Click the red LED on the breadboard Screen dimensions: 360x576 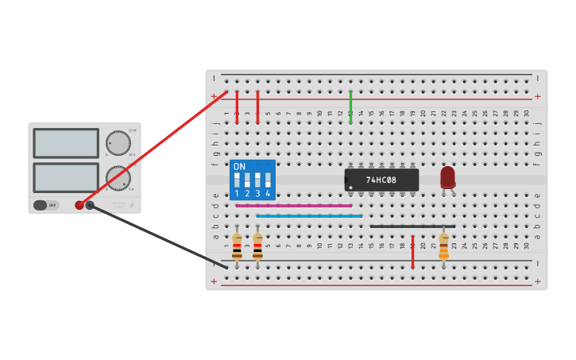(x=448, y=176)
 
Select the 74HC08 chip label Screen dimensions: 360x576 (x=381, y=180)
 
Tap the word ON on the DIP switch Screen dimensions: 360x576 (x=239, y=167)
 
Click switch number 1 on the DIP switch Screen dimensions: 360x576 (x=237, y=180)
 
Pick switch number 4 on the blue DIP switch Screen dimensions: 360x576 (x=268, y=180)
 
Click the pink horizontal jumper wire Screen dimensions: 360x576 (x=293, y=205)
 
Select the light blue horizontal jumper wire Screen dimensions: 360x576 (x=309, y=215)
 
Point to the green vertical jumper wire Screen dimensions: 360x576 (x=350, y=106)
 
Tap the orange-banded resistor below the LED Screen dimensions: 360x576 (x=443, y=246)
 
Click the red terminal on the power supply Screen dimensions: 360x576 (x=79, y=205)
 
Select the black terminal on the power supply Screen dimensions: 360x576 (x=90, y=205)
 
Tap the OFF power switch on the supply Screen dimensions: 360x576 (x=46, y=205)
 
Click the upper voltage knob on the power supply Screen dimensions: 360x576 (x=118, y=143)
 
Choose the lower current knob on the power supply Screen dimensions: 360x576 (x=118, y=177)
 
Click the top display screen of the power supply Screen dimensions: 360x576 (x=66, y=143)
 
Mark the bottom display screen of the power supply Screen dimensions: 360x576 (x=66, y=177)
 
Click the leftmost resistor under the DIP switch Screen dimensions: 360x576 (x=237, y=246)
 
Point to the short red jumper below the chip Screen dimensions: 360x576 (x=412, y=252)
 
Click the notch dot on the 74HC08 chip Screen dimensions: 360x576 (x=350, y=188)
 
